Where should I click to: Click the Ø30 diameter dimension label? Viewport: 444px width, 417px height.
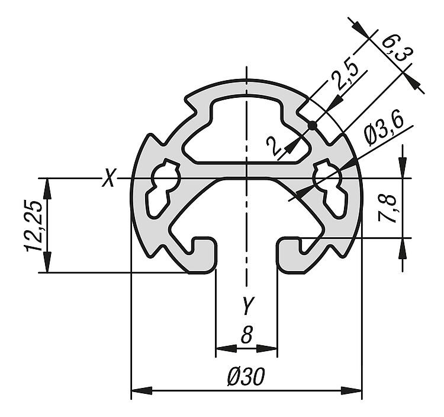coord(246,377)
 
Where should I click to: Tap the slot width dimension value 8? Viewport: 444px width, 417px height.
coord(247,335)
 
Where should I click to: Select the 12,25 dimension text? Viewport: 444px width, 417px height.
coord(34,225)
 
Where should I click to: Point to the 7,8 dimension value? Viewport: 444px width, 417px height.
coord(386,209)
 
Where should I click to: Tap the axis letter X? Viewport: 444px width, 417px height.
coord(108,177)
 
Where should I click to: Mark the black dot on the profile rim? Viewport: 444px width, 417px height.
coord(312,125)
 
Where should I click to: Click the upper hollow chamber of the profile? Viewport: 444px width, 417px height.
coord(246,131)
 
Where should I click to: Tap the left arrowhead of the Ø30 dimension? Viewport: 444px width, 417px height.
coord(142,391)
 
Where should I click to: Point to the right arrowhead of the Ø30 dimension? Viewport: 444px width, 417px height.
coord(351,391)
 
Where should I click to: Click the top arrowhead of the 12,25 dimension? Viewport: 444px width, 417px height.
coord(47,189)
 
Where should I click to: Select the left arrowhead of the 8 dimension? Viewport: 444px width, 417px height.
coord(226,348)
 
